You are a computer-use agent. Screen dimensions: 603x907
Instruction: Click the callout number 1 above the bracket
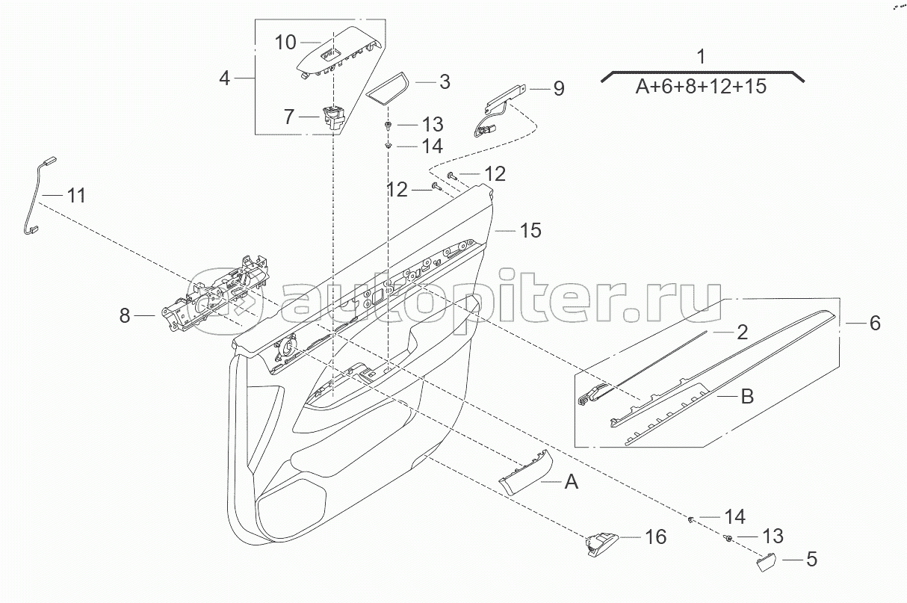point(700,56)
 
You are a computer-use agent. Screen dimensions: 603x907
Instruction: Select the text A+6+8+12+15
point(701,87)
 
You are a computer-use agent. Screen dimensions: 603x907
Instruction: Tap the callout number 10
point(286,42)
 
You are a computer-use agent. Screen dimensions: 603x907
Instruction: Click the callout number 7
point(289,117)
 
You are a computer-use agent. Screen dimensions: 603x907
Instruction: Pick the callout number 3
point(444,81)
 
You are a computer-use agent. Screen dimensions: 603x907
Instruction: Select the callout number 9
point(559,89)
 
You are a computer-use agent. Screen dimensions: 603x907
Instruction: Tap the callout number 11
point(75,197)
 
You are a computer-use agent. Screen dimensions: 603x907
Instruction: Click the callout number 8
point(125,317)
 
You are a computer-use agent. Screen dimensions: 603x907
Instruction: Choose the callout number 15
point(530,230)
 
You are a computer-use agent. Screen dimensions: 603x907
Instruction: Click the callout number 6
point(874,324)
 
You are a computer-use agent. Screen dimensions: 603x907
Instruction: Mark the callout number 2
point(741,332)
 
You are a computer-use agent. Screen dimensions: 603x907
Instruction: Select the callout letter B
point(746,396)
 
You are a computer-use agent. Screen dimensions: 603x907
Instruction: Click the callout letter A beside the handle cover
point(571,483)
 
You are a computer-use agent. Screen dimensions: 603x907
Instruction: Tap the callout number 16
point(654,536)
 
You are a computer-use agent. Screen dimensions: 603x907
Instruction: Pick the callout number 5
point(811,559)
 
